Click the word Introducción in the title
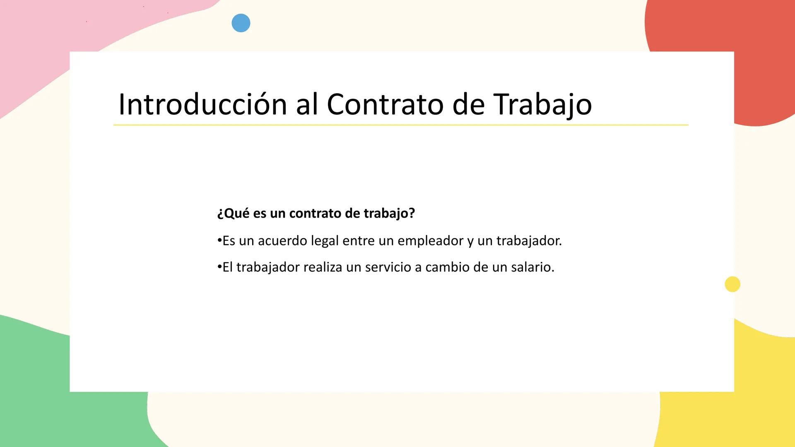pos(202,104)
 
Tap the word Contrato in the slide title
pos(385,104)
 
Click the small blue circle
pos(241,23)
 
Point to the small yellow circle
pos(732,284)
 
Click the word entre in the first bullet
pos(358,241)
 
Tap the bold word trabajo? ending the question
pos(389,214)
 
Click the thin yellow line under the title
pos(401,125)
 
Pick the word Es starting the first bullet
pos(229,241)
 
